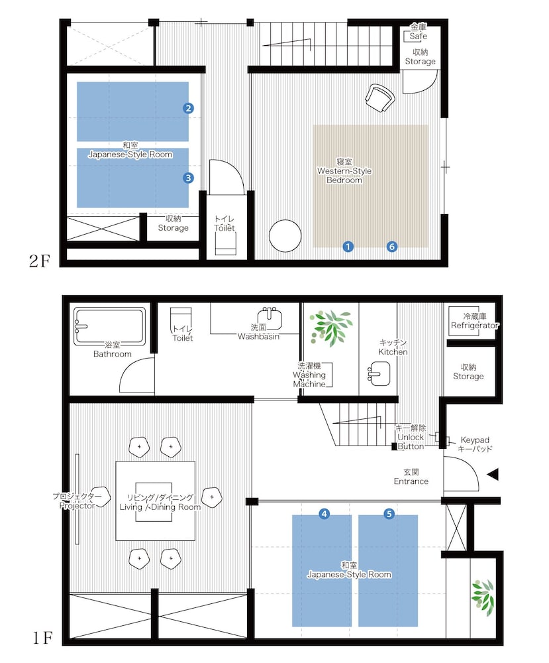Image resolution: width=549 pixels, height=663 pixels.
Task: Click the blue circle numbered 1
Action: point(348,247)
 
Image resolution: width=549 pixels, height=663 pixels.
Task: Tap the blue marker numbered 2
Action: point(188,108)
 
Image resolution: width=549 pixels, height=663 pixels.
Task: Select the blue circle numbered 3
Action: point(188,178)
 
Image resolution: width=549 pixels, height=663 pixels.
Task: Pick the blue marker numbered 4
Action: point(324,514)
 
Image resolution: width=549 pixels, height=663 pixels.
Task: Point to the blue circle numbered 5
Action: point(389,514)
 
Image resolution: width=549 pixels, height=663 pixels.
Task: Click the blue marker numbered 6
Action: point(392,247)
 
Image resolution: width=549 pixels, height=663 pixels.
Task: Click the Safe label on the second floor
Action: point(418,36)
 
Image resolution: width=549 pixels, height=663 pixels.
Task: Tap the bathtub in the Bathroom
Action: point(110,325)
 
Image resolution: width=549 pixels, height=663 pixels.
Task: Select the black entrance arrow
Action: point(493,475)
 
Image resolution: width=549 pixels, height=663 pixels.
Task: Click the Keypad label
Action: point(475,440)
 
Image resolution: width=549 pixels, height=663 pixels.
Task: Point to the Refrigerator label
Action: point(475,326)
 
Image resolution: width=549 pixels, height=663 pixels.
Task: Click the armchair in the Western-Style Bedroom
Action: point(379,97)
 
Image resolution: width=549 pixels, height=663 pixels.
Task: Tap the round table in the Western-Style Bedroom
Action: point(285,236)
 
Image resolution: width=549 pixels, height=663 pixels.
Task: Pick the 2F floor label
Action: point(40,261)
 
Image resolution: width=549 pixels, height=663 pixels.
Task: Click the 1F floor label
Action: point(42,638)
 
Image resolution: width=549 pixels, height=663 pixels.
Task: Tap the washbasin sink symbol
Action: point(270,318)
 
